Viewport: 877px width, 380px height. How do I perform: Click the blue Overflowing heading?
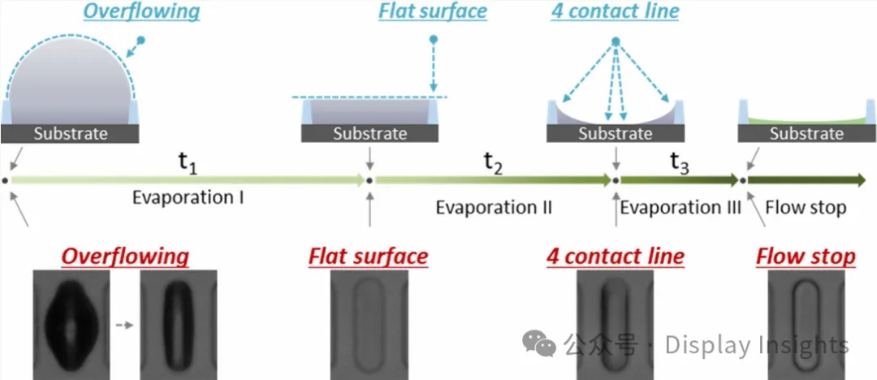click(x=142, y=12)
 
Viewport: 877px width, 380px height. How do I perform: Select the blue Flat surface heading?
click(x=433, y=11)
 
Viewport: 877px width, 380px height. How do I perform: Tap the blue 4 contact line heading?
click(x=615, y=12)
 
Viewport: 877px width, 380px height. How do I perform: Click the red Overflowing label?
click(x=126, y=257)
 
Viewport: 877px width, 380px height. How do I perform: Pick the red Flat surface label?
click(x=368, y=257)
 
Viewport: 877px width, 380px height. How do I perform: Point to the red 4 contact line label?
click(x=615, y=257)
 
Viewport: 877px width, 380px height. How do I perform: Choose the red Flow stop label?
click(x=806, y=257)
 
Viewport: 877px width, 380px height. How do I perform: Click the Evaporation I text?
click(x=188, y=196)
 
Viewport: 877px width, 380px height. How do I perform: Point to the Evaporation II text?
click(x=494, y=207)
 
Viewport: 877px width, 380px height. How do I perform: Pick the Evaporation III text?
click(x=680, y=207)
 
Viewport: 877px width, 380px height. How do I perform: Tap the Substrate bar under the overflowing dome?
click(x=71, y=134)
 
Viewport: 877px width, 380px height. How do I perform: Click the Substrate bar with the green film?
click(x=806, y=134)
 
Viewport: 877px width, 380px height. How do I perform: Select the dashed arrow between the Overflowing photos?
click(x=124, y=324)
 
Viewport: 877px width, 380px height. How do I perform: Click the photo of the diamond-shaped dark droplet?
click(x=71, y=325)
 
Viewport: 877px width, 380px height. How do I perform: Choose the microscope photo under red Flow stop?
click(x=806, y=325)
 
